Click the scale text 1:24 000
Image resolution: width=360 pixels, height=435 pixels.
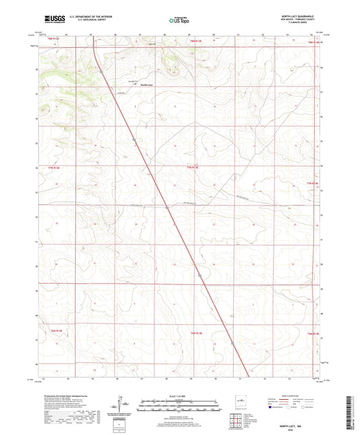pyautogui.click(x=179, y=396)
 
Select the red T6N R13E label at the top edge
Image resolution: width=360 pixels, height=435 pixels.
pyautogui.click(x=195, y=43)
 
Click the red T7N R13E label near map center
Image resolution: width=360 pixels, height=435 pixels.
pyautogui.click(x=194, y=166)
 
